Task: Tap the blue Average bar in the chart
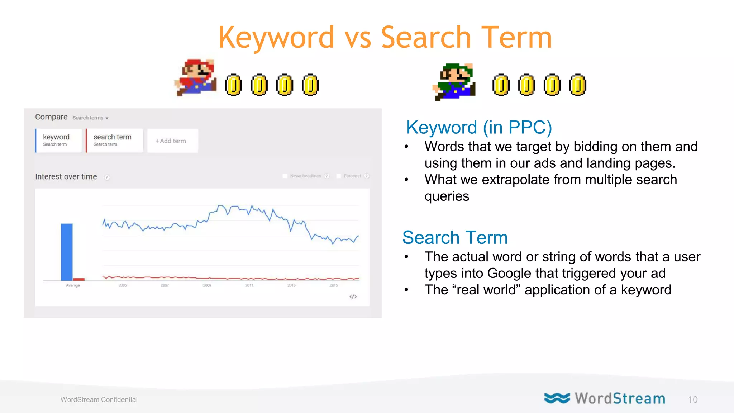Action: point(67,252)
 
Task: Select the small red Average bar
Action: point(79,279)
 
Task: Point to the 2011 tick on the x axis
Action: point(249,285)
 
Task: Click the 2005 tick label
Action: point(123,285)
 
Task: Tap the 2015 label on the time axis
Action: point(334,285)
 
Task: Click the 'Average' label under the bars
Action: point(73,285)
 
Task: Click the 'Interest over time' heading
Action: point(66,177)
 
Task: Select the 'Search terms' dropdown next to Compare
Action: point(90,118)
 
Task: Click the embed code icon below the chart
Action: point(353,296)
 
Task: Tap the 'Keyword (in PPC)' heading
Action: point(479,128)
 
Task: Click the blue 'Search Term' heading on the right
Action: point(455,238)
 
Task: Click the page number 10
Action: point(692,400)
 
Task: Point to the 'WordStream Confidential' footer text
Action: point(99,400)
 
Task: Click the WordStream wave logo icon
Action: point(557,398)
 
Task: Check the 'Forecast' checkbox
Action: point(339,176)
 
